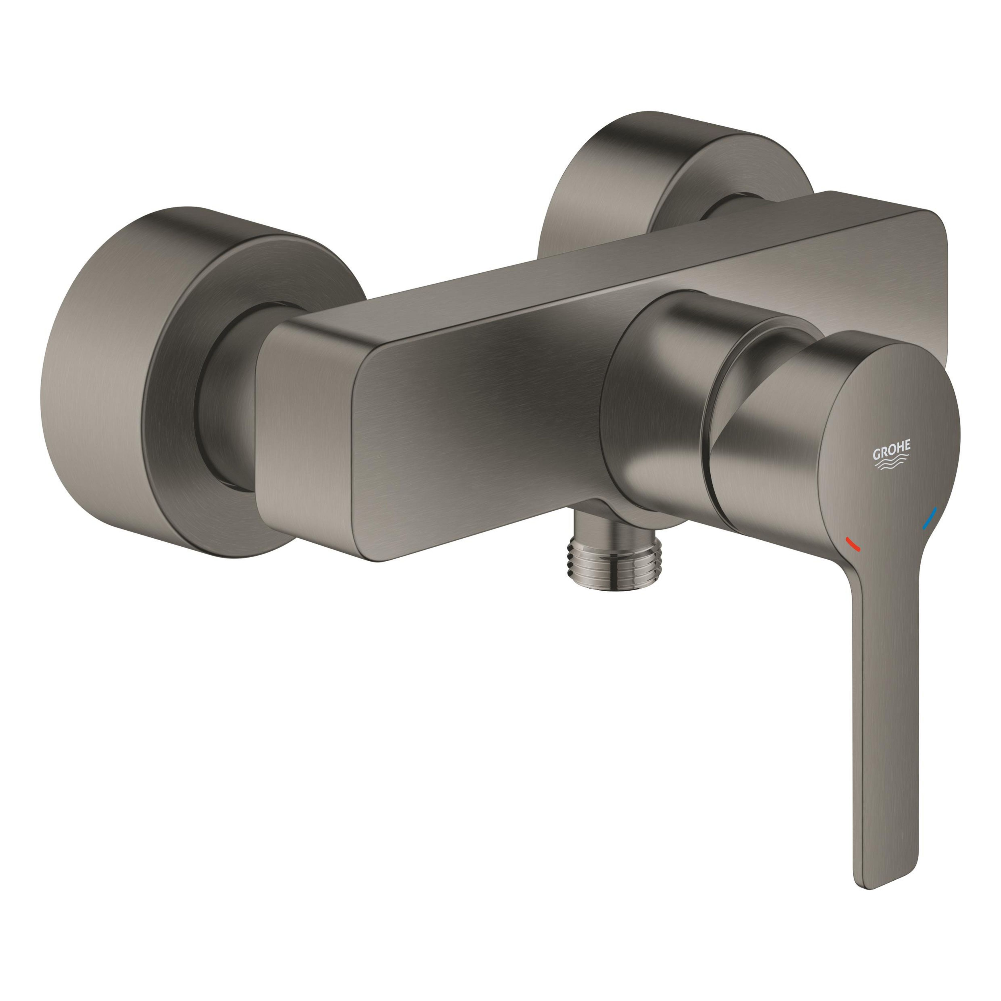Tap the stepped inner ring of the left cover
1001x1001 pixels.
point(171,394)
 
